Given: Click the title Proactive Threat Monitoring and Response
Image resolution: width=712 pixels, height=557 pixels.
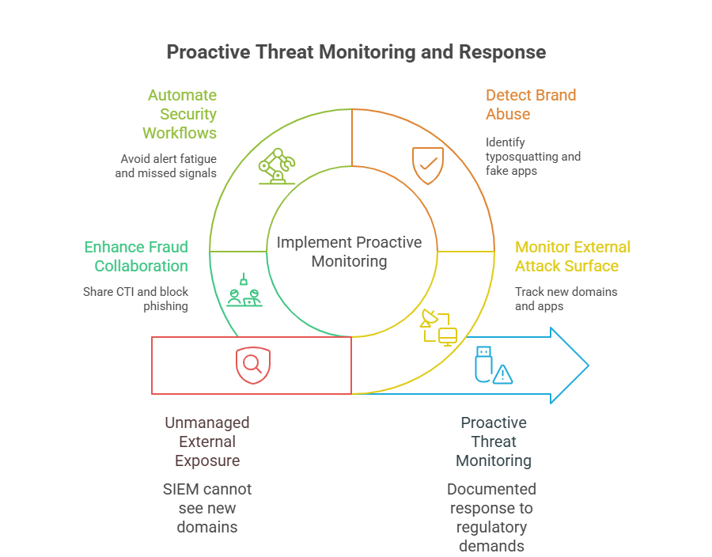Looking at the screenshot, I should pyautogui.click(x=356, y=52).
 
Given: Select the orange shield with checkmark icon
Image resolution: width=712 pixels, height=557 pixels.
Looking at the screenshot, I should pyautogui.click(x=427, y=165).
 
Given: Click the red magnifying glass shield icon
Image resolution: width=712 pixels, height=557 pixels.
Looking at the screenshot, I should pyautogui.click(x=251, y=365).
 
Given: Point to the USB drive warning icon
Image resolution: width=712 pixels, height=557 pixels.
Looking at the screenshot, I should pyautogui.click(x=491, y=365).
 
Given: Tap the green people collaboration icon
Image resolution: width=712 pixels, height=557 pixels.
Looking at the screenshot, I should pyautogui.click(x=244, y=291).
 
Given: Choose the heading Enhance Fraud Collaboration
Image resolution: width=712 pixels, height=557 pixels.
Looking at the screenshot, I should pyautogui.click(x=136, y=256).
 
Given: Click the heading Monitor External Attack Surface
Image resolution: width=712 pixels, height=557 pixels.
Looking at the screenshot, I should pyautogui.click(x=572, y=256).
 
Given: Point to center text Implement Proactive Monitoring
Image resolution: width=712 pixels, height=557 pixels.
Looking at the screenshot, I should pyautogui.click(x=349, y=252).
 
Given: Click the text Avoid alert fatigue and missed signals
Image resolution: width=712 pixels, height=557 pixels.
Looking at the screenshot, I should pyautogui.click(x=165, y=165).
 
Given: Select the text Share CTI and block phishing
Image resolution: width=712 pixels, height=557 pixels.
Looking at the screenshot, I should pyautogui.click(x=136, y=298).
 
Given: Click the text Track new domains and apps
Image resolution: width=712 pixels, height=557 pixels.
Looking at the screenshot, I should pyautogui.click(x=565, y=298).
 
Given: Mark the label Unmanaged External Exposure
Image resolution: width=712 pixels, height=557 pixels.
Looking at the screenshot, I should pyautogui.click(x=207, y=441).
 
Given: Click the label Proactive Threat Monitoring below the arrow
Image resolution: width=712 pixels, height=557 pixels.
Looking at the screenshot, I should pyautogui.click(x=494, y=441).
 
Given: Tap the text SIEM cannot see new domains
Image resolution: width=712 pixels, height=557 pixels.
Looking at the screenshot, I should pyautogui.click(x=207, y=508).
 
